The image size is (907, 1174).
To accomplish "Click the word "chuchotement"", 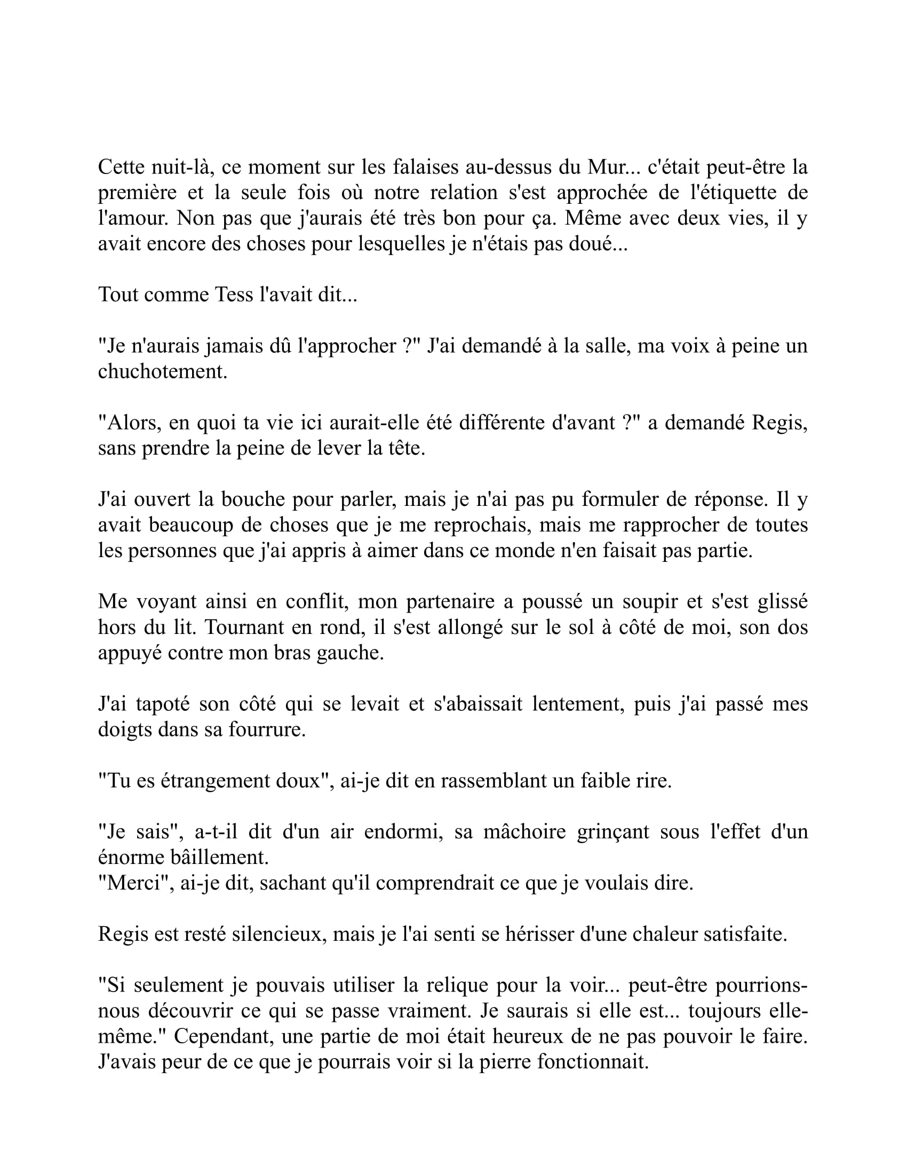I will pyautogui.click(x=163, y=371).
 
